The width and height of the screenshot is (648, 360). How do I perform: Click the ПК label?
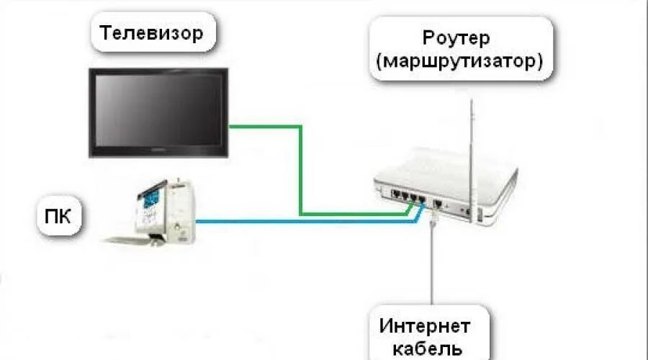(x=56, y=216)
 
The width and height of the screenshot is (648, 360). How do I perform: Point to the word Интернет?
(x=426, y=326)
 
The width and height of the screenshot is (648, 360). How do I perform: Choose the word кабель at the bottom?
(x=426, y=350)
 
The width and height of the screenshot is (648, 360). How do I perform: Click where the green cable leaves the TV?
(x=232, y=127)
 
